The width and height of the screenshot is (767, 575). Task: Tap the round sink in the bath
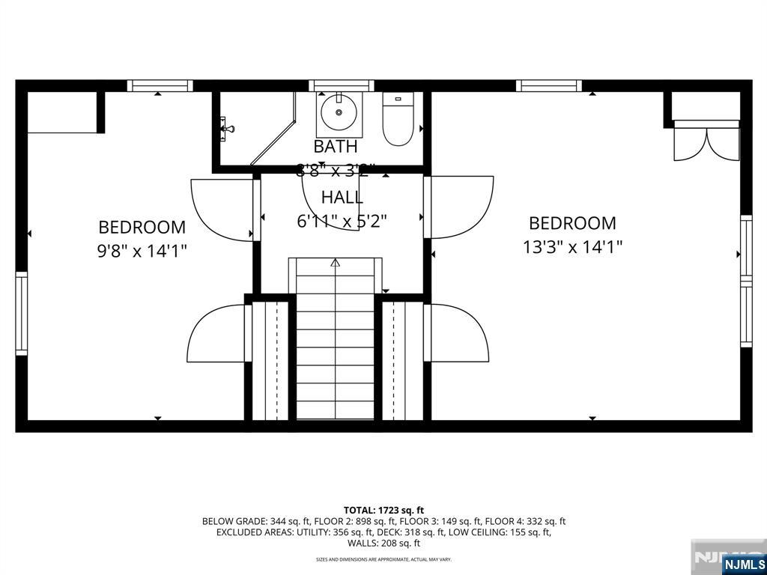coord(339,113)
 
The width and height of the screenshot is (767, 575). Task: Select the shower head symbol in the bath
coord(226,129)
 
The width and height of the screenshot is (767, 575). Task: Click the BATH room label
coord(336,146)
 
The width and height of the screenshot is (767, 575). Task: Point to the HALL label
coord(342,198)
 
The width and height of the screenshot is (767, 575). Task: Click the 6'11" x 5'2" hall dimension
coord(342,221)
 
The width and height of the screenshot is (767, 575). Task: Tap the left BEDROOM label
coord(142,227)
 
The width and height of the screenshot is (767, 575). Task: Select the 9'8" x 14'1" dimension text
coord(142,251)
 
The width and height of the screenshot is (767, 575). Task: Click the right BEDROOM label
coord(572,223)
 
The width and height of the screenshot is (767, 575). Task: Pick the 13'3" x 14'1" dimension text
coord(572,246)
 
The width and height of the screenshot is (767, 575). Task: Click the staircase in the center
coord(335,344)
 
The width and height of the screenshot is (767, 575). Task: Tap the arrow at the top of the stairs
coord(335,263)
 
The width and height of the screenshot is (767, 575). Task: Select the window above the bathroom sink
coord(341,85)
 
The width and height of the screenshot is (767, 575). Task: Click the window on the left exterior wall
coord(21,313)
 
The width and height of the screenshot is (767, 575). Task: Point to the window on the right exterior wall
coord(746,281)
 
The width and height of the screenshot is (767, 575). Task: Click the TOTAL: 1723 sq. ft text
coord(383,510)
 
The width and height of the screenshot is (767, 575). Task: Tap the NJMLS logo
coord(743,564)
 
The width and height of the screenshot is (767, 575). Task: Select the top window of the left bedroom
coord(160,85)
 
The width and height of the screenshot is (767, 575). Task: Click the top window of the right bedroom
coord(549,85)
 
